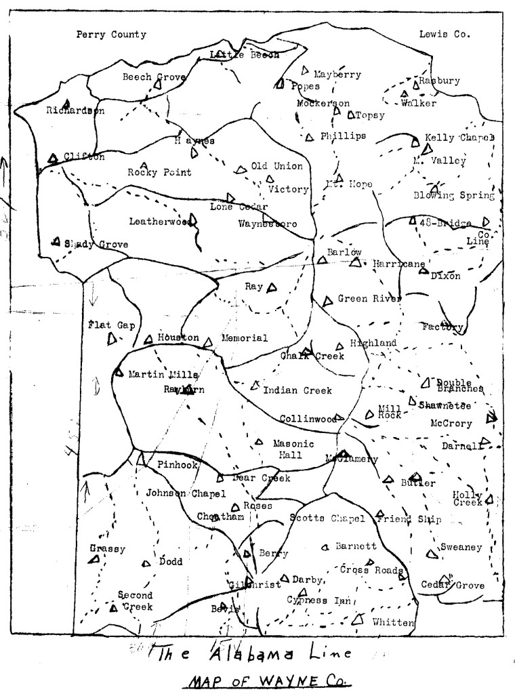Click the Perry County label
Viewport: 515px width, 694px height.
click(x=111, y=35)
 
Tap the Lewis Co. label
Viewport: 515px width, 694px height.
click(x=445, y=34)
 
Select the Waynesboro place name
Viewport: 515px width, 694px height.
click(x=268, y=223)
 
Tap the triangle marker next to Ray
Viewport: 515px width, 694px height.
click(x=272, y=288)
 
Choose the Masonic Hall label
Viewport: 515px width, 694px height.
click(x=293, y=449)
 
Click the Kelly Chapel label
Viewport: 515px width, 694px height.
click(x=459, y=138)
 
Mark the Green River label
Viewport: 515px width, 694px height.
click(x=369, y=298)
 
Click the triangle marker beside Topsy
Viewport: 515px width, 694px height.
click(x=350, y=115)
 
